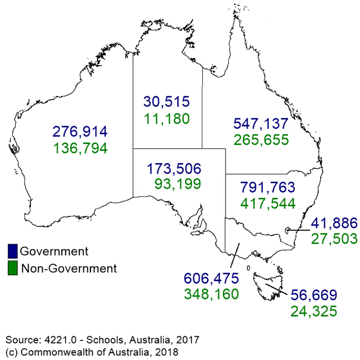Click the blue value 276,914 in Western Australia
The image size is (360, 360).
pyautogui.click(x=80, y=131)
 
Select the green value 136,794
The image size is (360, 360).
pyautogui.click(x=80, y=148)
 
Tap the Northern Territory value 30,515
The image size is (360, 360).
pyautogui.click(x=166, y=101)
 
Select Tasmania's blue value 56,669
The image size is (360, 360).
pyautogui.click(x=313, y=294)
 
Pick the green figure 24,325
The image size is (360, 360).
pyautogui.click(x=313, y=310)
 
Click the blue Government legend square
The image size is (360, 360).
pyautogui.click(x=13, y=250)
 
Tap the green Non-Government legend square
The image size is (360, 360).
pyautogui.click(x=13, y=268)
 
